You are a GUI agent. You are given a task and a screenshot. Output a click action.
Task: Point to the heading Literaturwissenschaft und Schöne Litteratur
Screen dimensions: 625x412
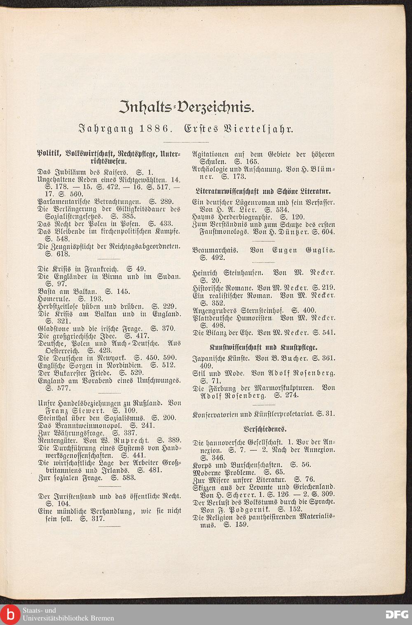tap(264, 192)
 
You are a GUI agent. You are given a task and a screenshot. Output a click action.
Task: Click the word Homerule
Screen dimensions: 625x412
tap(52, 299)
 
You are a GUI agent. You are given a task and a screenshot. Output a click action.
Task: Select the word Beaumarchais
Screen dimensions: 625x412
tap(218, 250)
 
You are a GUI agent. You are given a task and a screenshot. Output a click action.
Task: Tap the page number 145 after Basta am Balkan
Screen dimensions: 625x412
tap(123, 291)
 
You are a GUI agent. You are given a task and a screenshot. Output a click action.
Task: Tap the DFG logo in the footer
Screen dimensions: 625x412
tap(397, 614)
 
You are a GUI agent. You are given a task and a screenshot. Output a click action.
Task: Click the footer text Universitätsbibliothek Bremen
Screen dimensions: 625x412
tap(68, 618)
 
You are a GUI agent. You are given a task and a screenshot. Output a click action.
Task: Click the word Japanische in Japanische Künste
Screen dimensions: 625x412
tap(209, 358)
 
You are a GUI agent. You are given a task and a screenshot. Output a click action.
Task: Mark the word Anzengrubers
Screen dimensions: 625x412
tap(215, 310)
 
